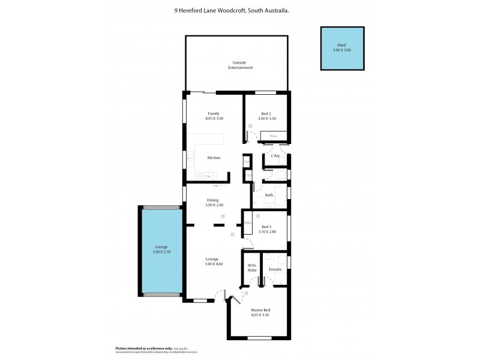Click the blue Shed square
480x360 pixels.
(x=341, y=48)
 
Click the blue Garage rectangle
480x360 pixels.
(x=161, y=251)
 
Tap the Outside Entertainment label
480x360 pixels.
(x=240, y=65)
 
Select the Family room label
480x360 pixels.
(x=213, y=113)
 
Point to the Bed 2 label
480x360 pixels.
(x=266, y=113)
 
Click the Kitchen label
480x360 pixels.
(x=214, y=158)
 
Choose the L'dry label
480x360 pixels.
(x=275, y=156)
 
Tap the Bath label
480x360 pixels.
(x=269, y=195)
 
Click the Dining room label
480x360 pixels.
(x=213, y=200)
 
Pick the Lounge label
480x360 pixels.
(x=214, y=259)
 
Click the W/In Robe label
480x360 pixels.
(x=252, y=268)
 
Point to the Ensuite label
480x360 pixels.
(x=275, y=269)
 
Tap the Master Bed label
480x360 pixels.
(x=260, y=310)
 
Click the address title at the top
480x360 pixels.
(x=240, y=10)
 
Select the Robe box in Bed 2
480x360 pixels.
(x=274, y=136)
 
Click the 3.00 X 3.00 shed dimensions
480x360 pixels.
(x=341, y=50)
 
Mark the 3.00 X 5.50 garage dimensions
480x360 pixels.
(x=161, y=253)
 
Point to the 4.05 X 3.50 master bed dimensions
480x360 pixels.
(x=260, y=314)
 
